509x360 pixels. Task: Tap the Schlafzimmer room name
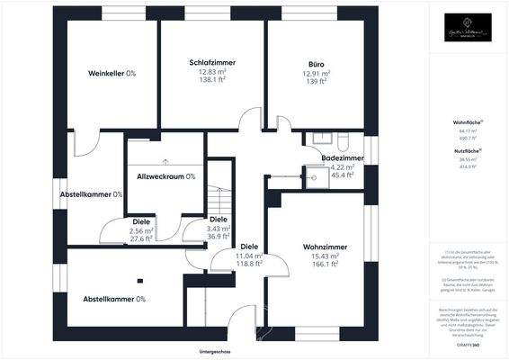tap(212, 62)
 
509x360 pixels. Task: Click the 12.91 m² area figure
tap(315, 74)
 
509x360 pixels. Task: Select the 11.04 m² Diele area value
tap(248, 256)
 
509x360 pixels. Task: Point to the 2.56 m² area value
tap(141, 230)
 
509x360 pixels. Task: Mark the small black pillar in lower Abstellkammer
tap(139, 279)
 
